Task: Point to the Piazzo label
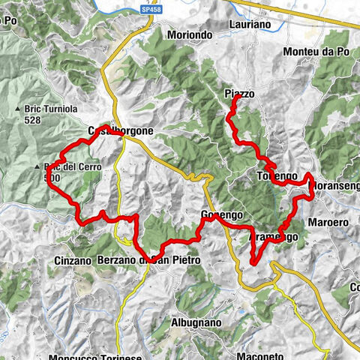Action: [x=239, y=94]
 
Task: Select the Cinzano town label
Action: [x=73, y=260]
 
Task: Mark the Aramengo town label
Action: [x=273, y=236]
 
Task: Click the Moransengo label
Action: [x=334, y=184]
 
